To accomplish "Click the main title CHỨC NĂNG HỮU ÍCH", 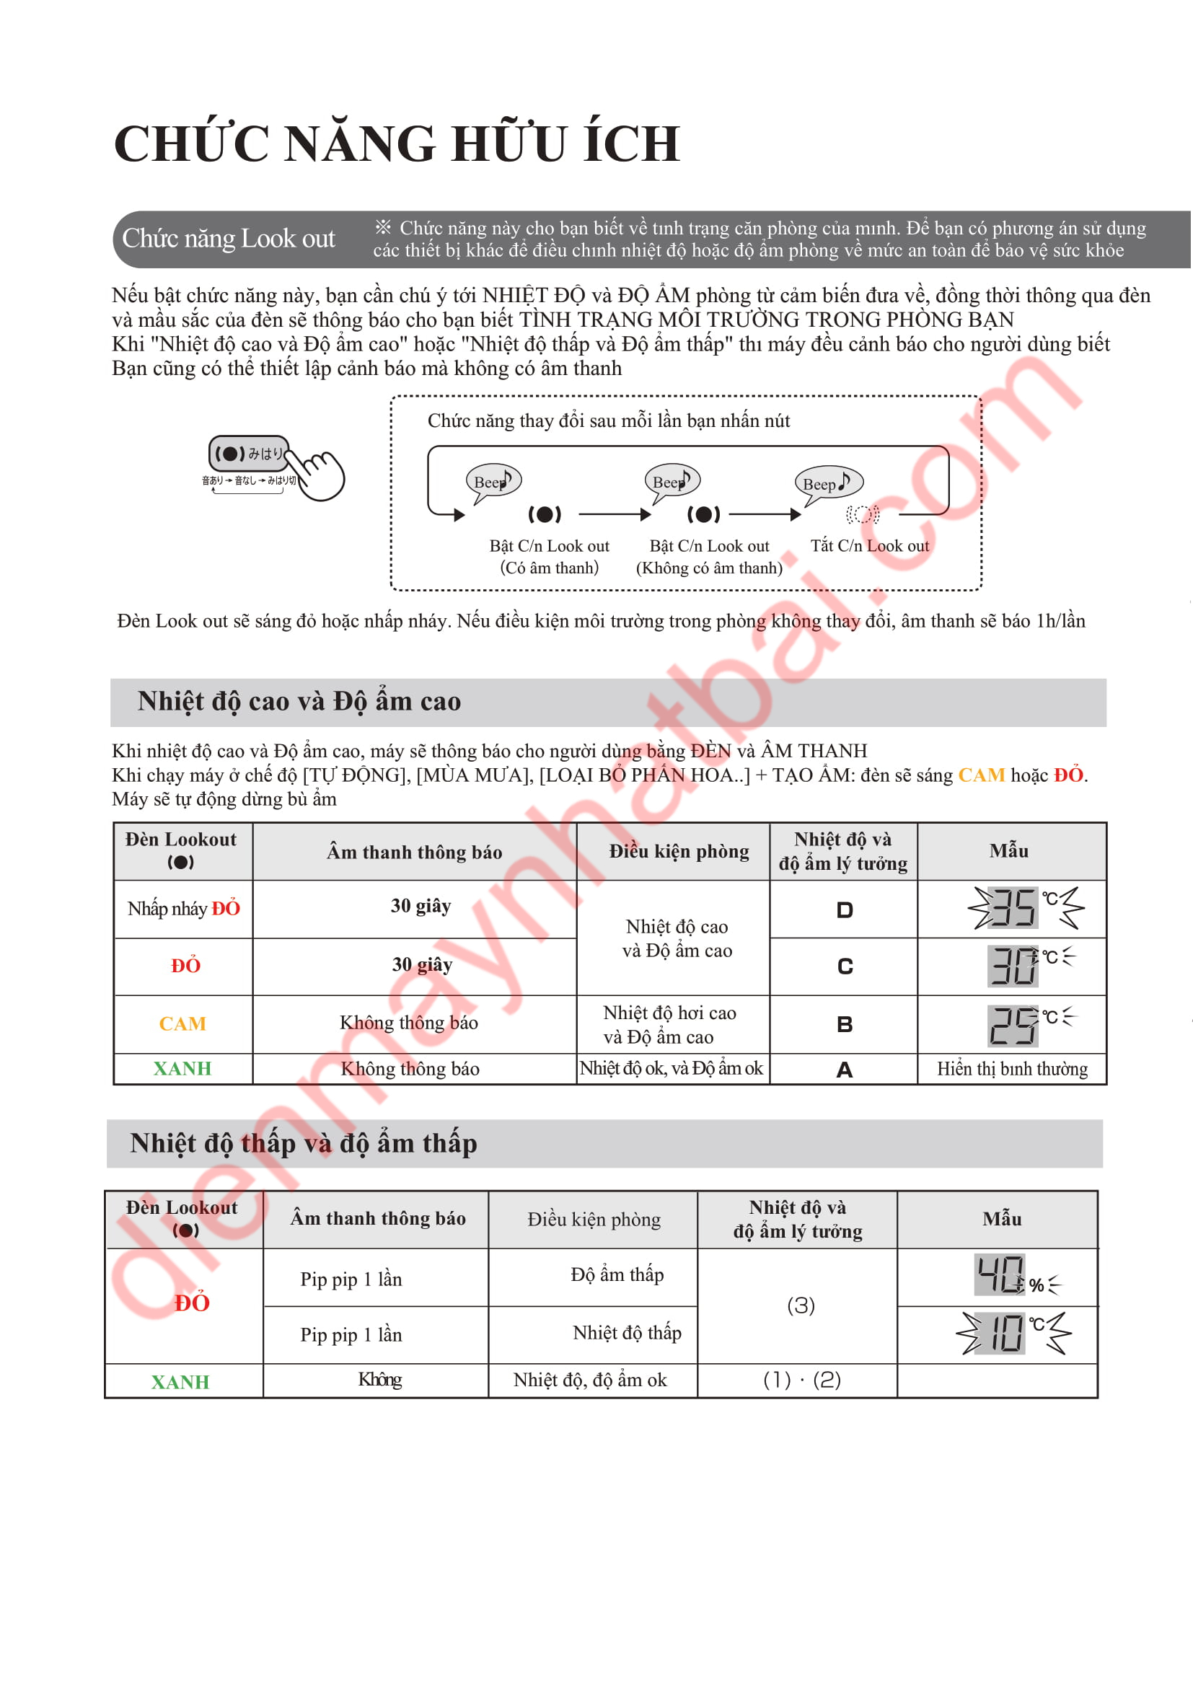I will click(397, 144).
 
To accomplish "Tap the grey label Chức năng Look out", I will click(229, 239).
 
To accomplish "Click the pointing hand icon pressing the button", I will click(317, 474).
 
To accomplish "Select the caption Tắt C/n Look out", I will click(869, 546).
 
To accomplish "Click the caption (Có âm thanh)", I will click(550, 568).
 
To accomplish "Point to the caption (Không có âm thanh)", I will click(709, 568).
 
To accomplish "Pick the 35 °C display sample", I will click(1025, 908).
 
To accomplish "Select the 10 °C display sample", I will click(1013, 1333).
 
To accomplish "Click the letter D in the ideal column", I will click(845, 910).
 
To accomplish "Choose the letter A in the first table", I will click(845, 1070).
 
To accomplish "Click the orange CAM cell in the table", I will click(183, 1024).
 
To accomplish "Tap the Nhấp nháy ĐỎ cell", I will click(184, 909).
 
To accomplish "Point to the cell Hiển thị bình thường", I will click(1011, 1069).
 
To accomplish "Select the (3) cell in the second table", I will click(801, 1305).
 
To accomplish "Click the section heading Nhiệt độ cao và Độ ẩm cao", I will click(299, 702).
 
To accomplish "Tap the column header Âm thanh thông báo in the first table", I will click(414, 853).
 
